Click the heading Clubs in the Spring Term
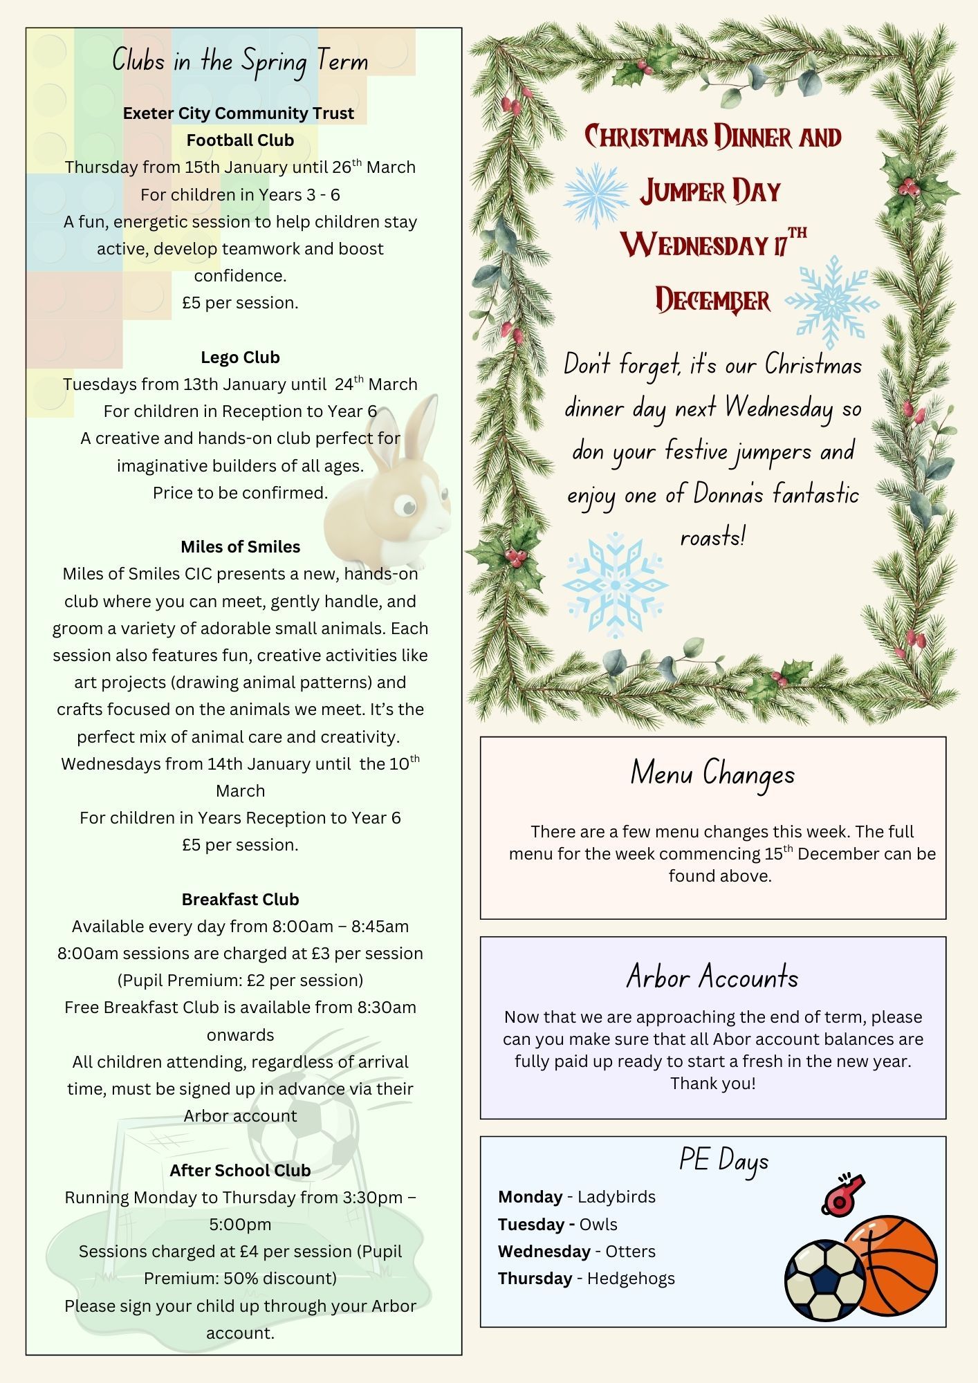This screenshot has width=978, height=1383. [x=240, y=62]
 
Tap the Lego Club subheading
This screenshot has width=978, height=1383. [x=240, y=358]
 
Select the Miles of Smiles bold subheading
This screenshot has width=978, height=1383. [x=240, y=547]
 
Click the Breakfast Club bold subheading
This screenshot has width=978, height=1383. [x=240, y=900]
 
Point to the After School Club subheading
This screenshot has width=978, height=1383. [x=240, y=1171]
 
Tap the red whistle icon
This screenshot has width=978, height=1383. [x=842, y=1194]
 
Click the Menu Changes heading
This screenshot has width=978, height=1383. [x=712, y=774]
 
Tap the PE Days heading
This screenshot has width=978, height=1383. [x=723, y=1160]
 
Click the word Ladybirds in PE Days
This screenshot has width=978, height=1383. [x=616, y=1197]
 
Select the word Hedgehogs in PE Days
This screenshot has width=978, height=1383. [x=631, y=1279]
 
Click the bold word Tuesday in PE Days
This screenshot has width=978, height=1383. [x=531, y=1225]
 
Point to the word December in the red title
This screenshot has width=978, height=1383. [x=712, y=300]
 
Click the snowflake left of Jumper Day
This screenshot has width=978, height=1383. [x=596, y=194]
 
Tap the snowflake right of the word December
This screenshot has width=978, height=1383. [x=832, y=301]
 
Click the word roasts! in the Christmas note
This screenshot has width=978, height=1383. [x=712, y=537]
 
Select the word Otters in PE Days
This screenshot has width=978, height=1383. [x=630, y=1252]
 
